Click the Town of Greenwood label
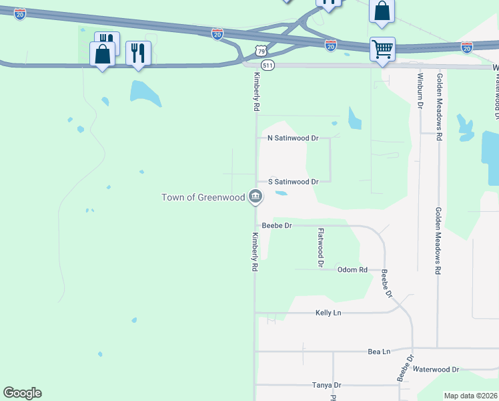203,196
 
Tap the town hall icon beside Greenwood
255,196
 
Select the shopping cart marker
382,49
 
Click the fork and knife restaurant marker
138,53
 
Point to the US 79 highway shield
261,51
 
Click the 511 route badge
267,65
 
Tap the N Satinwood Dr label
293,138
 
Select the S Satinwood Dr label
293,181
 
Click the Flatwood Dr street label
321,247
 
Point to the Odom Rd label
352,270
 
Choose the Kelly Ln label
328,313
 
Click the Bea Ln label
378,351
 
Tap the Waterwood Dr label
436,369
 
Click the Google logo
22,393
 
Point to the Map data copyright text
470,396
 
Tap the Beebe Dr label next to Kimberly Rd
277,226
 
